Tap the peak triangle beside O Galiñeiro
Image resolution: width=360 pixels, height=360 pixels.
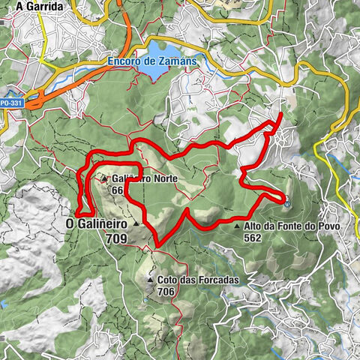tap(136, 223)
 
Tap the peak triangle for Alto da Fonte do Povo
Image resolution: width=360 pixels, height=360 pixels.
tap(237, 225)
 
